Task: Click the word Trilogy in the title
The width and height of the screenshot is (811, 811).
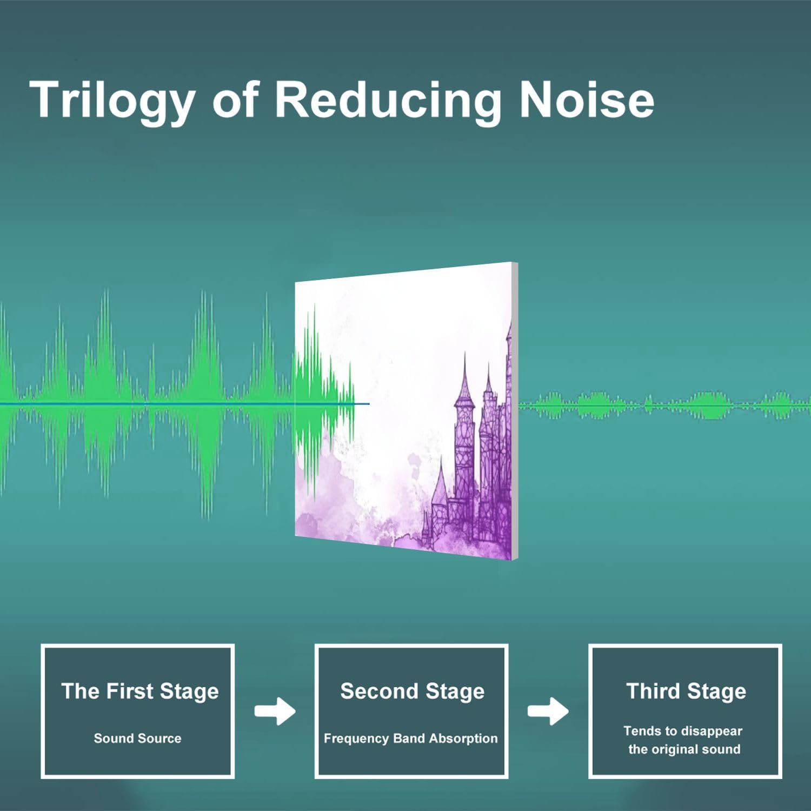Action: tap(112, 101)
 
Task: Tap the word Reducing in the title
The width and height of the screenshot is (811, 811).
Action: tap(388, 101)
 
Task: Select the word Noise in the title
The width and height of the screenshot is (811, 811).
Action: tap(587, 99)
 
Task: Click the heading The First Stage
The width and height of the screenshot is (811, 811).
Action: tap(140, 692)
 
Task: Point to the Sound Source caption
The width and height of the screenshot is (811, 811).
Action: tap(137, 738)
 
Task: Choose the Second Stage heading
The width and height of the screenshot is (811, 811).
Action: tap(412, 692)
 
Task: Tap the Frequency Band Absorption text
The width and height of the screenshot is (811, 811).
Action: tap(410, 739)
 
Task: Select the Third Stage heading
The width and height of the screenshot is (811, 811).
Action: tap(686, 692)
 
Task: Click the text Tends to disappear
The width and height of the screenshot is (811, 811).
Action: tap(683, 731)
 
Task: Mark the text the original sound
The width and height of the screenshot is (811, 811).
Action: tap(684, 749)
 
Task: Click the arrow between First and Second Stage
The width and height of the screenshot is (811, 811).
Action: tap(275, 711)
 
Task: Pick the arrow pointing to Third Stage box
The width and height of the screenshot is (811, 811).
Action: tap(548, 711)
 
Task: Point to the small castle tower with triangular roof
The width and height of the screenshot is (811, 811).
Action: tap(440, 497)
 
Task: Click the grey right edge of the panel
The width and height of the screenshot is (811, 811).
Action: tap(515, 411)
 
